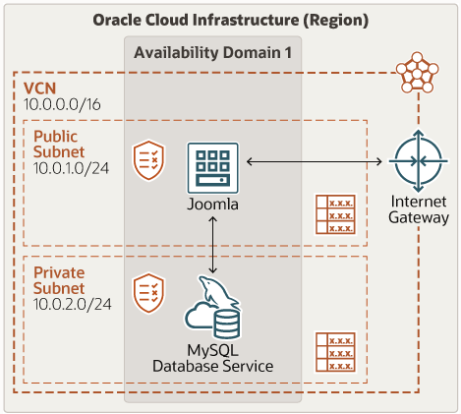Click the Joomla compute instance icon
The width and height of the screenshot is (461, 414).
(x=213, y=168)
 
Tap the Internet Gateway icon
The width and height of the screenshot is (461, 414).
(x=419, y=161)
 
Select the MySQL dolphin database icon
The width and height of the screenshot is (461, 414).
(x=212, y=308)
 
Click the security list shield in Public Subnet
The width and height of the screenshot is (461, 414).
(x=148, y=160)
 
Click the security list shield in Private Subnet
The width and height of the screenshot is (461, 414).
(x=148, y=293)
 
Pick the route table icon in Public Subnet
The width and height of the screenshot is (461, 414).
(x=335, y=214)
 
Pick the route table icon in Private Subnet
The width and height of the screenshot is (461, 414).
(x=335, y=352)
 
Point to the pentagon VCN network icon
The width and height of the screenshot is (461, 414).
(x=417, y=73)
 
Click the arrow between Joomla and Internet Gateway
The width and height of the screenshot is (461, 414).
(x=315, y=161)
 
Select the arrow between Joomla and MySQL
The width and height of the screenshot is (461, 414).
(x=213, y=245)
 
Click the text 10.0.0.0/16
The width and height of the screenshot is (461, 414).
(x=62, y=104)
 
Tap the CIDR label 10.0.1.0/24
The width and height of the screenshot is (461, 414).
(x=71, y=168)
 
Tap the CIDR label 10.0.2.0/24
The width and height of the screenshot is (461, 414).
(x=73, y=304)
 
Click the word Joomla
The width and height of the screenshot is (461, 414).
(x=213, y=205)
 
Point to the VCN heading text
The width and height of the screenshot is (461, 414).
(x=39, y=89)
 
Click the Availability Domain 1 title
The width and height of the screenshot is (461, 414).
(x=213, y=52)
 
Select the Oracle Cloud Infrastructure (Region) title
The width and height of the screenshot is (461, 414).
(x=231, y=20)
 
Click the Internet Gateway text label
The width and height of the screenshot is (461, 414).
(x=419, y=209)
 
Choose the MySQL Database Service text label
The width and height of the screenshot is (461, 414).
(x=213, y=358)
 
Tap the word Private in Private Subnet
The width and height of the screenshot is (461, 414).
(x=59, y=272)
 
